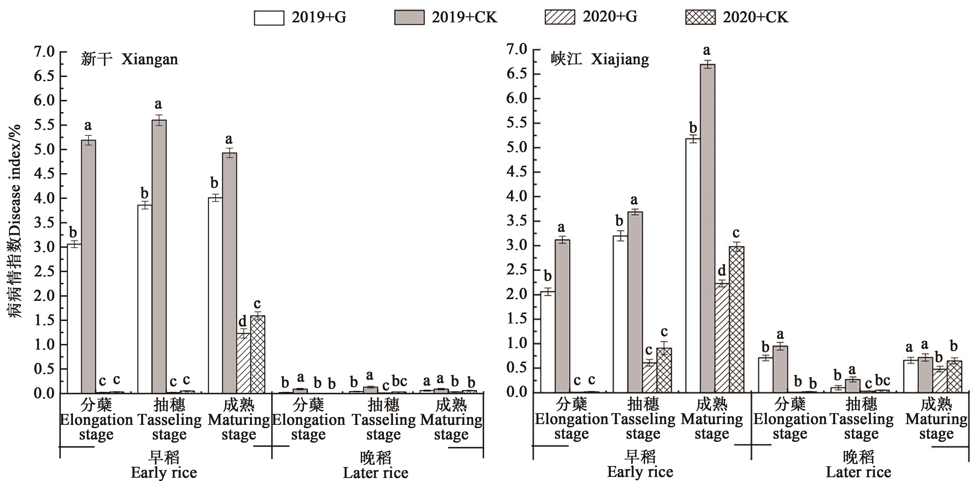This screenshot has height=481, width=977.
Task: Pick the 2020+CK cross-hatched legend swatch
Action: tap(700, 18)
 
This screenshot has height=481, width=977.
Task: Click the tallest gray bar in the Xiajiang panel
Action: tap(707, 228)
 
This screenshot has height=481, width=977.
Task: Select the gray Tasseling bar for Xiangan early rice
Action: tap(159, 256)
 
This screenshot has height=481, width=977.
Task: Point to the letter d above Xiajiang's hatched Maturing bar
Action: tap(722, 271)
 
